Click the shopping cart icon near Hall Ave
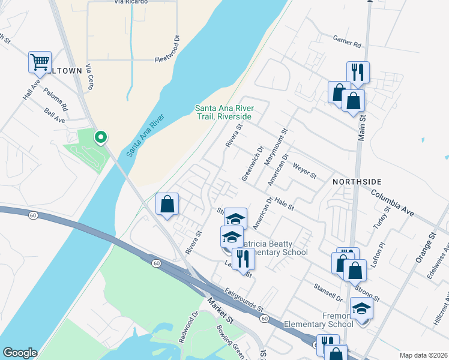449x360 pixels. tap(40, 62)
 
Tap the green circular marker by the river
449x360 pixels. tap(101, 138)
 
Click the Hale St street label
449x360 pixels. tap(285, 204)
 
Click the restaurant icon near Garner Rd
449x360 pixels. tap(358, 73)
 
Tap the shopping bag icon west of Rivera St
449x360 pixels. tap(167, 203)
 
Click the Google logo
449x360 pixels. tap(19, 353)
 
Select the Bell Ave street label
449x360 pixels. tap(55, 115)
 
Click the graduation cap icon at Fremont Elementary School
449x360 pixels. tap(361, 308)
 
